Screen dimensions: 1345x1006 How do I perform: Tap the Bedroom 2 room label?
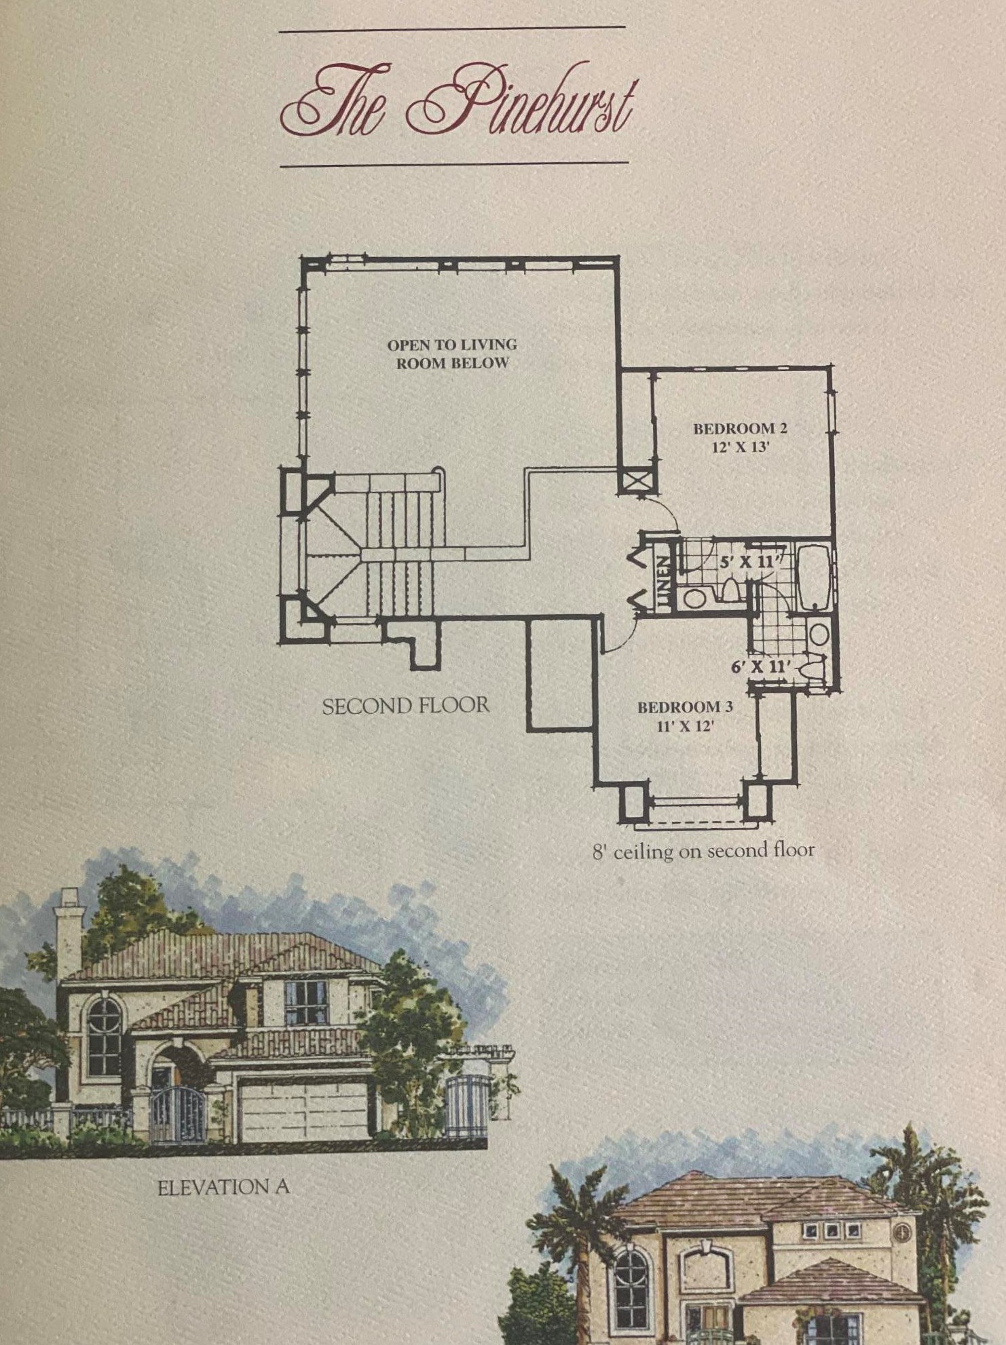(739, 438)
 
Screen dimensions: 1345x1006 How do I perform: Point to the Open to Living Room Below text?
(452, 354)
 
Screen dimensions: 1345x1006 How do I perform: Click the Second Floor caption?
(405, 706)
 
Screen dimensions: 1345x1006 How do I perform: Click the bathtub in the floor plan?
(813, 577)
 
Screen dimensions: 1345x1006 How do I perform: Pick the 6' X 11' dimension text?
(759, 666)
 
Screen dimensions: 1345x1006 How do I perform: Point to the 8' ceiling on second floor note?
(703, 850)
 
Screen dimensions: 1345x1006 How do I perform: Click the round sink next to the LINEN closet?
(694, 599)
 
